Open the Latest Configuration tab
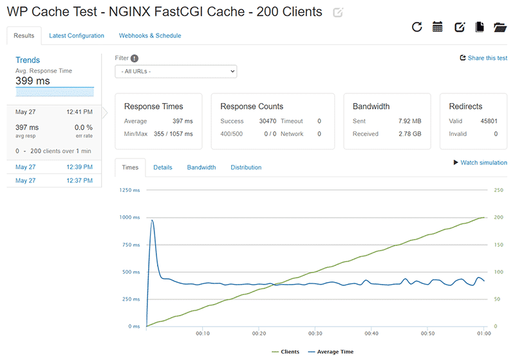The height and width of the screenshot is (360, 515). click(x=77, y=35)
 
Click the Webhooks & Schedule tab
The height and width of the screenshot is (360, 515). click(x=150, y=35)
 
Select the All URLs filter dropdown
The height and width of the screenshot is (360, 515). click(x=176, y=71)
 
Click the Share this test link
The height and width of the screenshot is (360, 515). click(x=483, y=58)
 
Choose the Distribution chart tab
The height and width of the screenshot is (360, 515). click(x=246, y=167)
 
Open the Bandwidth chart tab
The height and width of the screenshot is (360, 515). click(x=201, y=167)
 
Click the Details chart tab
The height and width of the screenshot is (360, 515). click(x=163, y=167)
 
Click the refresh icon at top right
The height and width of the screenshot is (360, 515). click(x=417, y=27)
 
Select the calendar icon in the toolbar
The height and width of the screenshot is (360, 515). click(x=438, y=27)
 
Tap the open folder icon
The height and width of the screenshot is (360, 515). click(x=500, y=27)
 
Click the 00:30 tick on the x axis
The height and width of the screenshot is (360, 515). click(x=315, y=334)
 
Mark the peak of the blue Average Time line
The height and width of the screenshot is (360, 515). click(x=152, y=220)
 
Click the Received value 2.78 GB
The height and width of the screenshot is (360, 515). click(x=409, y=134)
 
